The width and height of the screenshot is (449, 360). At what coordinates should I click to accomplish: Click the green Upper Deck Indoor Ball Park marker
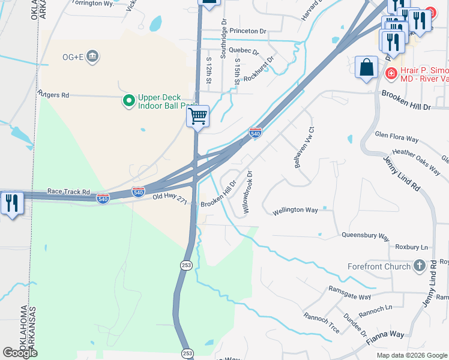128,101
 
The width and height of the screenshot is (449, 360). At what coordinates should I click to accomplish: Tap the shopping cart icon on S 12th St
197,116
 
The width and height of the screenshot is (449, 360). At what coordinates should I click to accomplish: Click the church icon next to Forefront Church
419,266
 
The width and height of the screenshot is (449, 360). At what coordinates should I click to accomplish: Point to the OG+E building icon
92,57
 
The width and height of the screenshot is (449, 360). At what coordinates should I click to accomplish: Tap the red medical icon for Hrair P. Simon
390,73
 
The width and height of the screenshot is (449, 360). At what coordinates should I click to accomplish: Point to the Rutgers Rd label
53,95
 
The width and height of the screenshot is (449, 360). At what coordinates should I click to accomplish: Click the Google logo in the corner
20,353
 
